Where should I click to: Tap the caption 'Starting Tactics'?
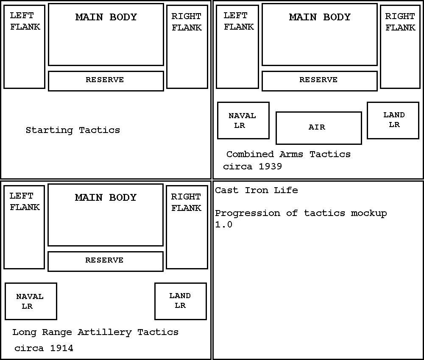coord(73,130)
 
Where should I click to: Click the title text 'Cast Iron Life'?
coord(257,190)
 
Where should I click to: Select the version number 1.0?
coord(223,224)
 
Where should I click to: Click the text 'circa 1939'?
coord(253,166)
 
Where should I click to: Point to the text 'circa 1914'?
coord(44,348)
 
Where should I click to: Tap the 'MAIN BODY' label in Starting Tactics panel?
coord(106,17)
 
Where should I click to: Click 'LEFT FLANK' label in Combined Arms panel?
coord(238,21)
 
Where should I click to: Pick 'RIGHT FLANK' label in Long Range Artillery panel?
coord(186,202)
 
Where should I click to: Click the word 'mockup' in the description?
coord(369,213)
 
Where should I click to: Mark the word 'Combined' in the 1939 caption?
coord(250,154)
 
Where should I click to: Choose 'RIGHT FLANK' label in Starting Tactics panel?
coord(187,22)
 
